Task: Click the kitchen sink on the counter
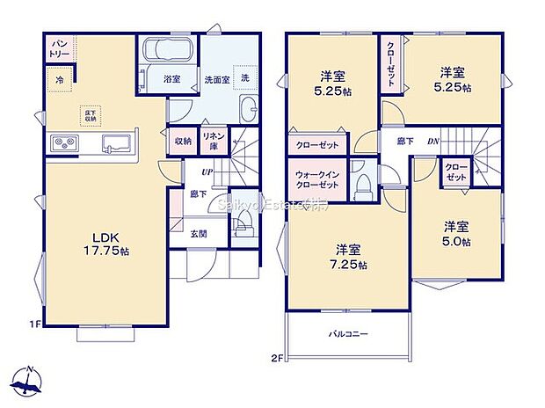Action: pyautogui.click(x=115, y=142)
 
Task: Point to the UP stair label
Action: pyautogui.click(x=207, y=171)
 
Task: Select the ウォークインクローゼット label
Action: pyautogui.click(x=317, y=179)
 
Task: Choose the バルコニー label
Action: pyautogui.click(x=348, y=335)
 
